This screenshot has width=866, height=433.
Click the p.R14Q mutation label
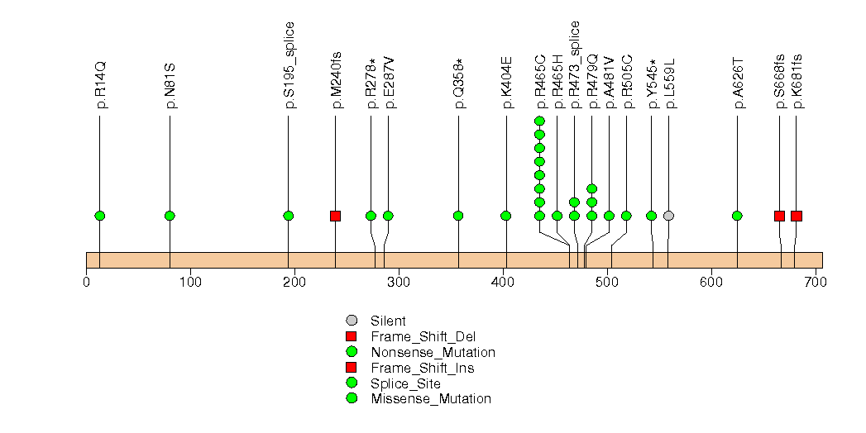click(x=101, y=84)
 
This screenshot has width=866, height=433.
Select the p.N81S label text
click(x=170, y=84)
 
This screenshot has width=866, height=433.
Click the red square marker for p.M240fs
click(x=335, y=216)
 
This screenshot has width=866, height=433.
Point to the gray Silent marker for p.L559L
click(x=668, y=216)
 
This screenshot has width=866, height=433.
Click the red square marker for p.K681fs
click(x=797, y=216)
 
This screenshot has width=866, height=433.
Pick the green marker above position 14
click(x=100, y=216)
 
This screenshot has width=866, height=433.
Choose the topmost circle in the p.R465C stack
click(x=539, y=121)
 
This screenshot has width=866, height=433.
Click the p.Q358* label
click(x=459, y=83)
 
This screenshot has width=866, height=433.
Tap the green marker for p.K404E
click(x=505, y=216)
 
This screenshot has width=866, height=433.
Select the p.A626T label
click(x=738, y=83)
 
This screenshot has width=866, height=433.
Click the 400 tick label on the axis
click(x=504, y=283)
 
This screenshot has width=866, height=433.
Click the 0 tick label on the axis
click(x=87, y=283)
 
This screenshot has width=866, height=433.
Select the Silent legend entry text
click(x=388, y=321)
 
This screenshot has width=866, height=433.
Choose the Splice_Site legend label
click(x=405, y=383)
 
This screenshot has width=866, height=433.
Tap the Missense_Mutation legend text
click(x=431, y=399)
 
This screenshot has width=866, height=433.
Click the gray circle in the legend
click(x=351, y=321)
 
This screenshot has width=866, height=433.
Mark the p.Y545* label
click(x=653, y=83)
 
